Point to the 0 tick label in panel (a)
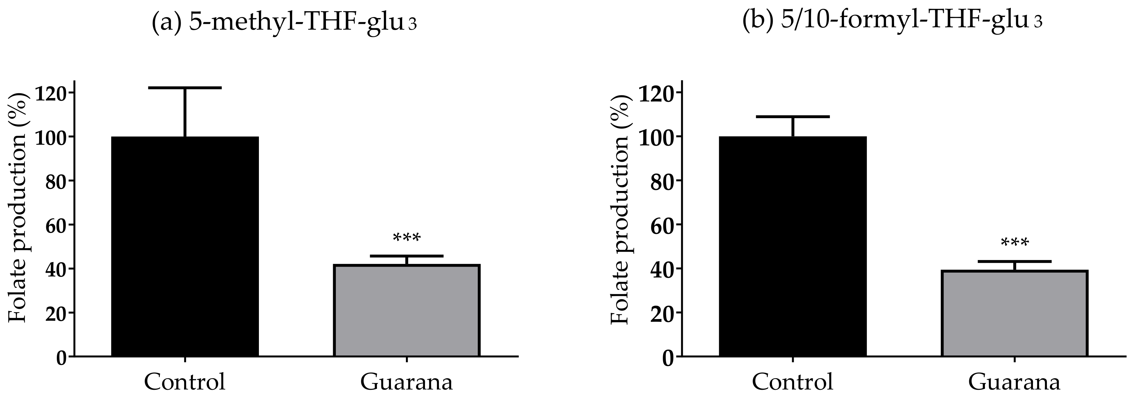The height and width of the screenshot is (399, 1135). click(x=62, y=357)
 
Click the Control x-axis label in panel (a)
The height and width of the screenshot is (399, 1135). click(x=185, y=382)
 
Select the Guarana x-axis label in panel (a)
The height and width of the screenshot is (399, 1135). click(x=406, y=382)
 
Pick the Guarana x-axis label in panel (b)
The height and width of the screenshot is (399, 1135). click(x=1014, y=382)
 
